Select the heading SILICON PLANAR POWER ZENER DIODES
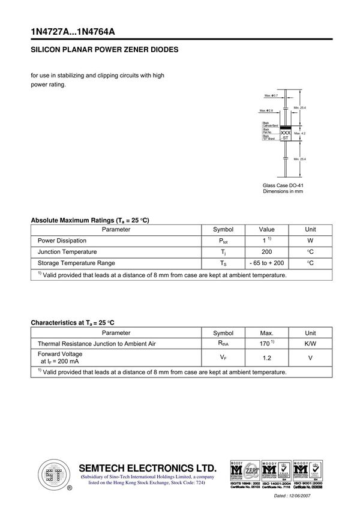104,50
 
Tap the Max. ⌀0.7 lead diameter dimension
271,95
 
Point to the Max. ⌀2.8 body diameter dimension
266,110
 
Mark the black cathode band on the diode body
286,126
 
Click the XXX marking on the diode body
286,132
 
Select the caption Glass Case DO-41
283,185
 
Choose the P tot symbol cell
223,241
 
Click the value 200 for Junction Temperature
266,252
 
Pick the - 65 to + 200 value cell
266,263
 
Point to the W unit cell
310,241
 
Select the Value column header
266,229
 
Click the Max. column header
266,333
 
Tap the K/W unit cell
310,344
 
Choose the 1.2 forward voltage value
266,358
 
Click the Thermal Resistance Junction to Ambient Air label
97,344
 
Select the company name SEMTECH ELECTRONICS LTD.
147,468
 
